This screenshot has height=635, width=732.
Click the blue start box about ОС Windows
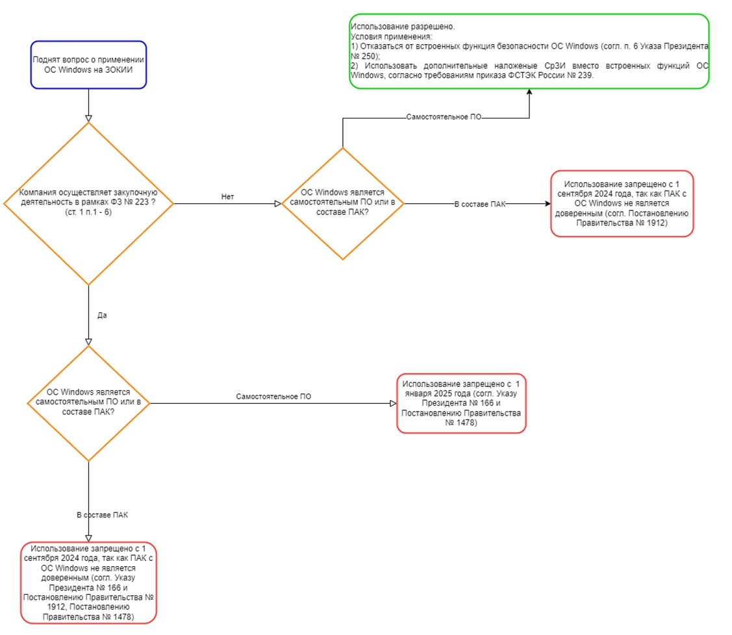tap(89, 65)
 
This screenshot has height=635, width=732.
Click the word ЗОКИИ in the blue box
tap(120, 70)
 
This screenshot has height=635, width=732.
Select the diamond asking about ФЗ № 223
tap(89, 203)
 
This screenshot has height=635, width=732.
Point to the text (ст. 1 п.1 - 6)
tap(89, 212)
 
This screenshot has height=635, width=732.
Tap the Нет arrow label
tap(227, 197)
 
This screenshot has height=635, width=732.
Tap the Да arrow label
tap(102, 316)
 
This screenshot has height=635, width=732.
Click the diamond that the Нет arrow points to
tap(343, 203)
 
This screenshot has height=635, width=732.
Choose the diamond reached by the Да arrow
tap(89, 403)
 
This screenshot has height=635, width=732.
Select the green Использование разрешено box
tap(529, 51)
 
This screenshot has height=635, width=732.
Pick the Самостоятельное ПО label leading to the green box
tap(444, 117)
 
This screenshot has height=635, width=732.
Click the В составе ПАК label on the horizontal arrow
tap(480, 205)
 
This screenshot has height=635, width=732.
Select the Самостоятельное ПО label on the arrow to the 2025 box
tap(273, 397)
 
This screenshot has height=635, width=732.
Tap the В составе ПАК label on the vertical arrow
tap(102, 515)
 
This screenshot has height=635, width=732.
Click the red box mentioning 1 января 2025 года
tap(461, 403)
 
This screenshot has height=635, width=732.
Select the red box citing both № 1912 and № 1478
tap(89, 583)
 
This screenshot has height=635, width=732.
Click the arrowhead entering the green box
tap(529, 92)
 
